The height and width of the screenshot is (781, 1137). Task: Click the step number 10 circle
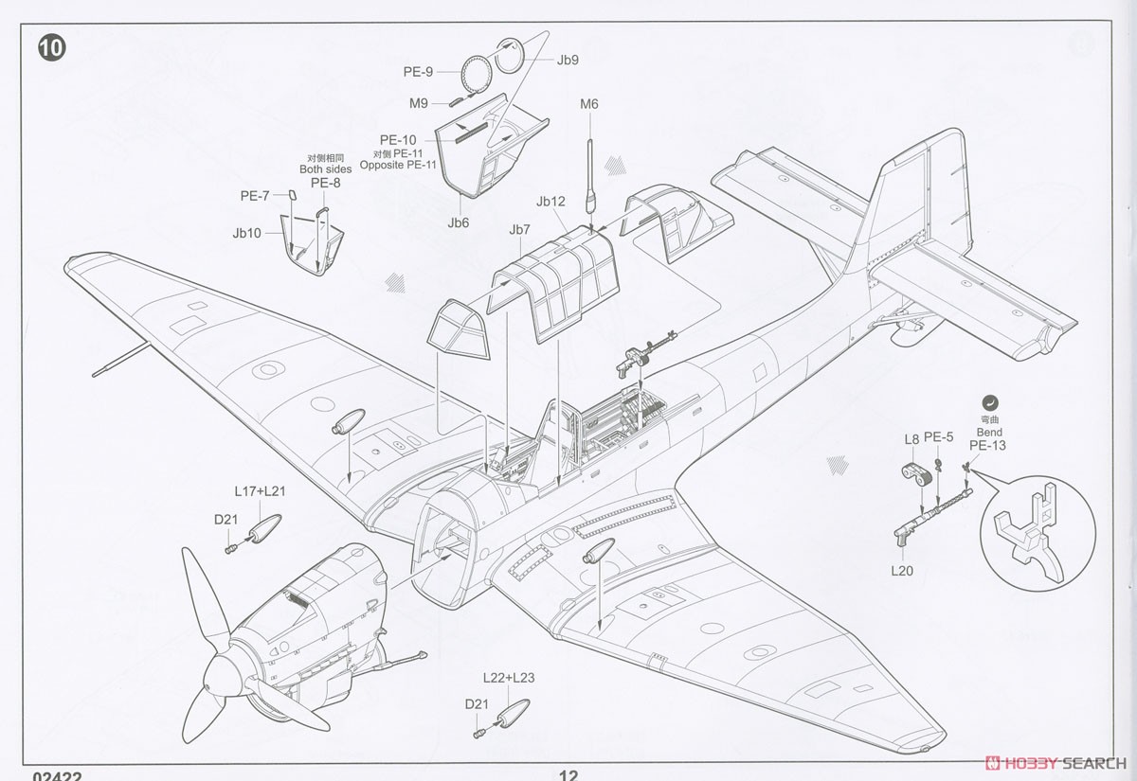pos(52,48)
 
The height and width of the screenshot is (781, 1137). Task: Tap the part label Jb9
pos(568,60)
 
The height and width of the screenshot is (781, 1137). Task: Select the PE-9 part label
pos(418,72)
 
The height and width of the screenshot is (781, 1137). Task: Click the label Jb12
pos(550,202)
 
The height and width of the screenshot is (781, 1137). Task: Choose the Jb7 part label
pos(519,230)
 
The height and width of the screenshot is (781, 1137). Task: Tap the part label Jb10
pos(246,233)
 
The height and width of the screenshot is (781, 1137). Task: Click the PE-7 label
pos(255,196)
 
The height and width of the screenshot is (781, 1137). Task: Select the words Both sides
pos(325,169)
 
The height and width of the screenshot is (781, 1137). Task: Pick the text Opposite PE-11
pos(398,165)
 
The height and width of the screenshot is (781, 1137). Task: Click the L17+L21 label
pos(260,491)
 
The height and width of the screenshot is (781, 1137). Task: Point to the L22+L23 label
pos(509,678)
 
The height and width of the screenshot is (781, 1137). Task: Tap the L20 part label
pos(902,571)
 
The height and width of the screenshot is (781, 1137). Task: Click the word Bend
pos(989,433)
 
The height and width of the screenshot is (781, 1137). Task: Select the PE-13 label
pos(987,446)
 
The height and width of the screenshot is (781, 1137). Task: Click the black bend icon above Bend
pos(990,403)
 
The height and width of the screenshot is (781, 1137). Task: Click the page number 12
pos(568,775)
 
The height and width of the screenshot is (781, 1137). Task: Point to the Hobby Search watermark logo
pos(1056,763)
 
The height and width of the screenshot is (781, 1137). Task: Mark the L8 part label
pos(911,439)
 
